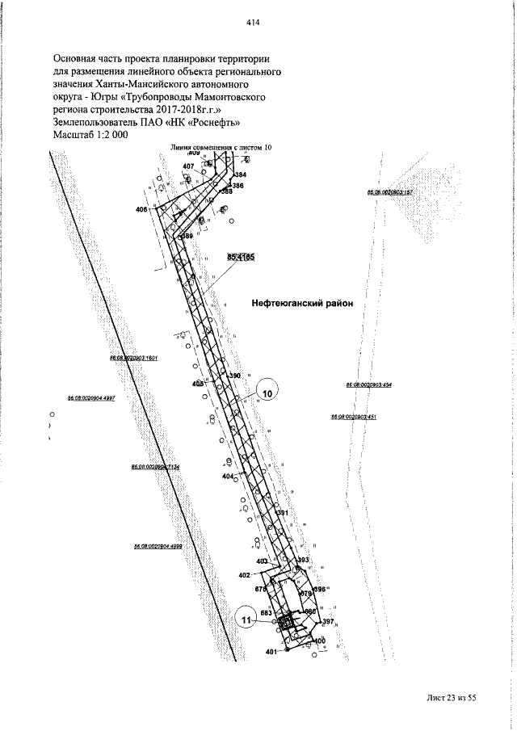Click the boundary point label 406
point(142,209)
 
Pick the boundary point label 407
point(188,166)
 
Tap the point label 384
point(240,174)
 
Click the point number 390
point(235,376)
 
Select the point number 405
point(198,384)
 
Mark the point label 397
point(328,620)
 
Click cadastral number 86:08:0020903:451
point(354,416)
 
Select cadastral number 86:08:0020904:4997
point(91,398)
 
